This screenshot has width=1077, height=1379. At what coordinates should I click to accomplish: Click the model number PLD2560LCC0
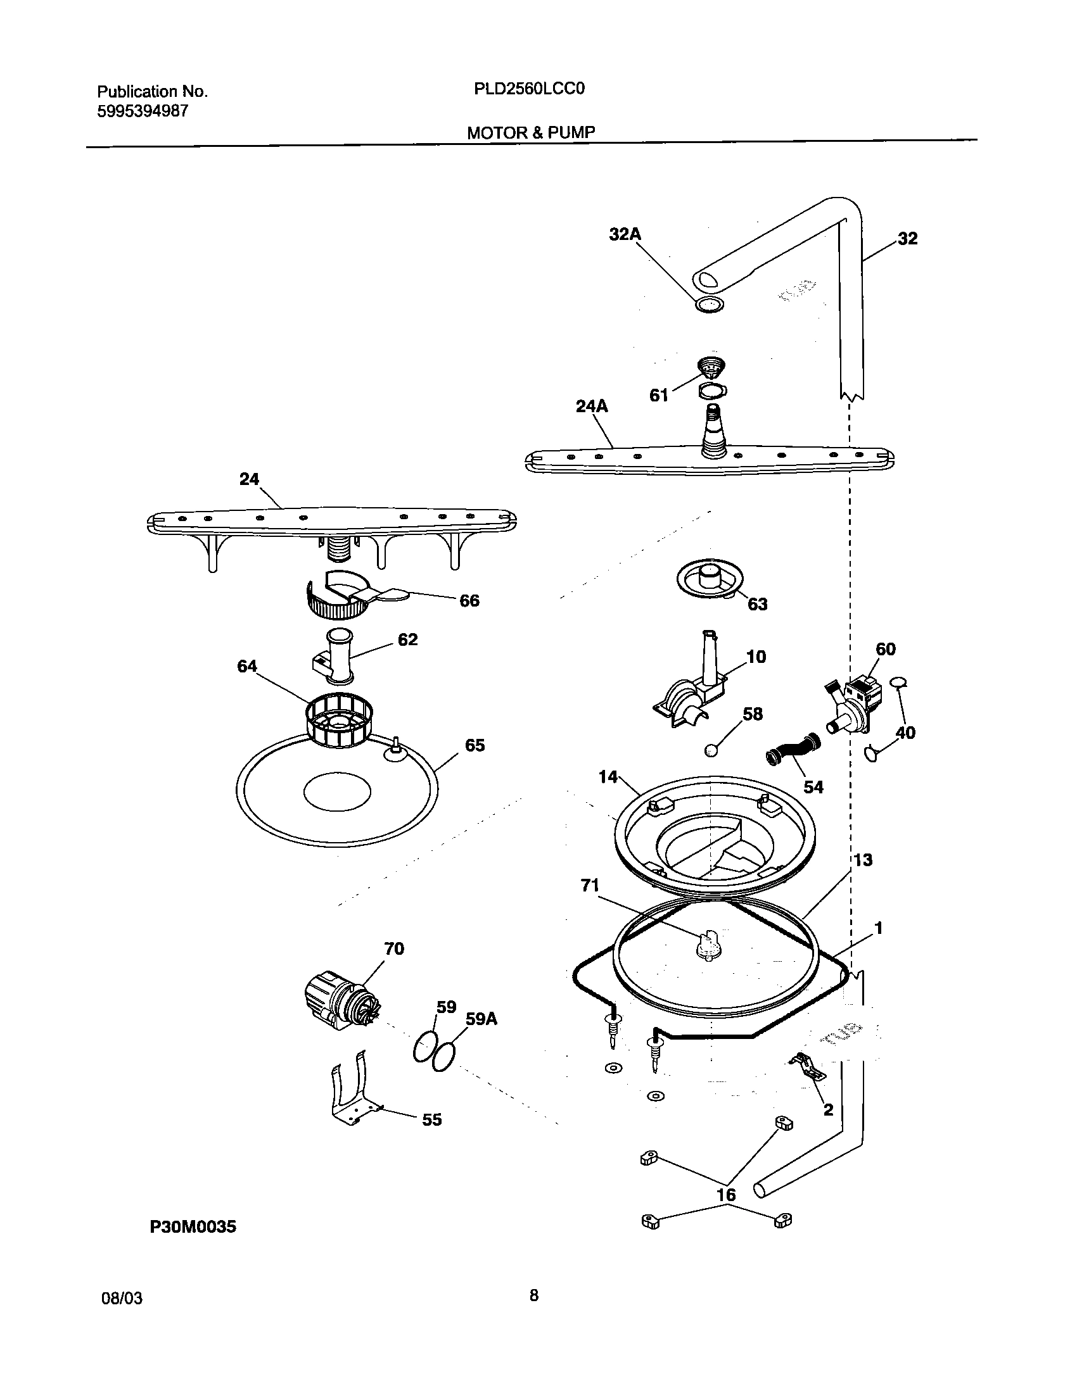point(528,89)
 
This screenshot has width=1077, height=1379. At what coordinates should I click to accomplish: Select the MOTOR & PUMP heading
point(531,132)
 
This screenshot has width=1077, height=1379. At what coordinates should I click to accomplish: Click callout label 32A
point(625,234)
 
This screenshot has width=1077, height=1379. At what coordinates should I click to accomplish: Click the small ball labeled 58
point(711,751)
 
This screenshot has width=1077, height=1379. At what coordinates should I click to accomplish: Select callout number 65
point(475,745)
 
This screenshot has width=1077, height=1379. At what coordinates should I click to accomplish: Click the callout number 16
point(726,1195)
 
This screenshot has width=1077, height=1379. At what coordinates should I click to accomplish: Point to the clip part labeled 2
point(806,1067)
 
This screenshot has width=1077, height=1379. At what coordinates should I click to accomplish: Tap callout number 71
point(590,885)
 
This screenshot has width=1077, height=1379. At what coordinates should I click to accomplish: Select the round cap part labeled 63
point(710,580)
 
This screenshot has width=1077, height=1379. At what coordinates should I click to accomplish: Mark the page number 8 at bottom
point(533,1295)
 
